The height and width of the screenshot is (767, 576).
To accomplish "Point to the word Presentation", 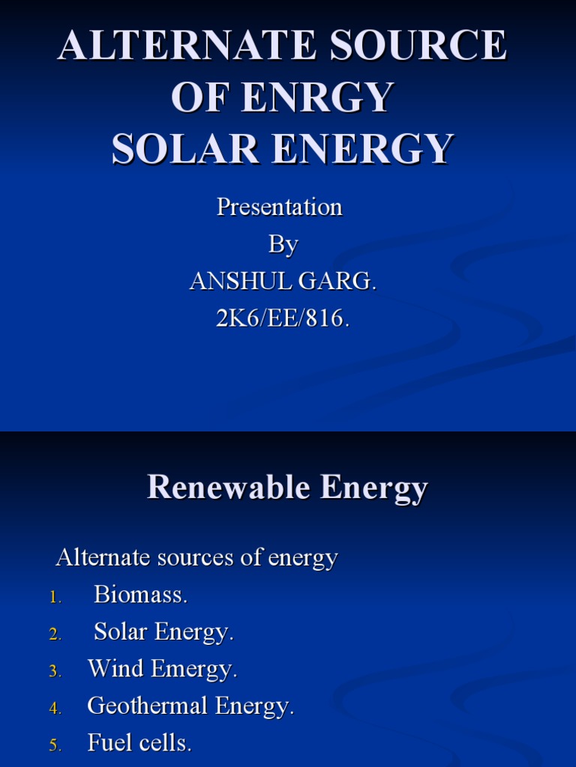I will point(279,207).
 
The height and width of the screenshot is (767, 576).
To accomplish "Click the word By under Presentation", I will point(283,245).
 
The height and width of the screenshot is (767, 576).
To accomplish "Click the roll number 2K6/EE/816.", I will point(283,318).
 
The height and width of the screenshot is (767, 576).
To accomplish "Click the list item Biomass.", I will point(140,595).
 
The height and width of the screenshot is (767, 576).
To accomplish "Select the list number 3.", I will point(55,671).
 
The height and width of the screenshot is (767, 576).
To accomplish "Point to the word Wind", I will point(116,669).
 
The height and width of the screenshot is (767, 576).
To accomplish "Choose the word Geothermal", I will point(147,706).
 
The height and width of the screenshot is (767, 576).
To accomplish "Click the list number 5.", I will point(55,745).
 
